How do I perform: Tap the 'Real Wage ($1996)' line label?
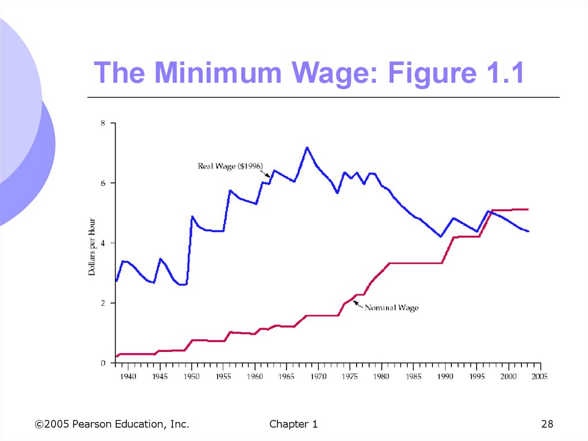click(x=230, y=166)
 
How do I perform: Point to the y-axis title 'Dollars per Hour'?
click(x=92, y=242)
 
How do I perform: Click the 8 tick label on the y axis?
click(x=103, y=123)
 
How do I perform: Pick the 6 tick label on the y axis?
click(x=103, y=183)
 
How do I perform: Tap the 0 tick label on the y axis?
click(x=103, y=363)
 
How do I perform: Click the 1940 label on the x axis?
click(x=128, y=377)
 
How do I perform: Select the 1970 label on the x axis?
click(x=318, y=377)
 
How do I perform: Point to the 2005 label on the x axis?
click(x=539, y=377)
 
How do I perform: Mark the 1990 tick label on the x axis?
click(x=444, y=377)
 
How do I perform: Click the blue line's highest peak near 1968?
click(x=307, y=148)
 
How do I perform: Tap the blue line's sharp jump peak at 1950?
click(x=192, y=217)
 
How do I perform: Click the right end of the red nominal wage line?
click(x=528, y=209)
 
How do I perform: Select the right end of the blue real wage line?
click(x=528, y=231)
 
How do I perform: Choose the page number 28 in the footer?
click(x=547, y=424)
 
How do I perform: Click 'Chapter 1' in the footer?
click(x=293, y=424)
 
